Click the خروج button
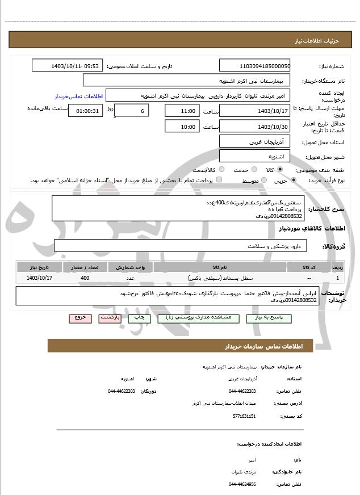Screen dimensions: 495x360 click(80, 318)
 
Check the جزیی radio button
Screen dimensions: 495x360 click(293, 180)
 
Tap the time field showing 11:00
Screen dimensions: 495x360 click(182, 111)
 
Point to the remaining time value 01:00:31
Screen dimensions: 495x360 click(85, 111)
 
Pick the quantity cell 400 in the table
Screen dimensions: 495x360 click(85, 278)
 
